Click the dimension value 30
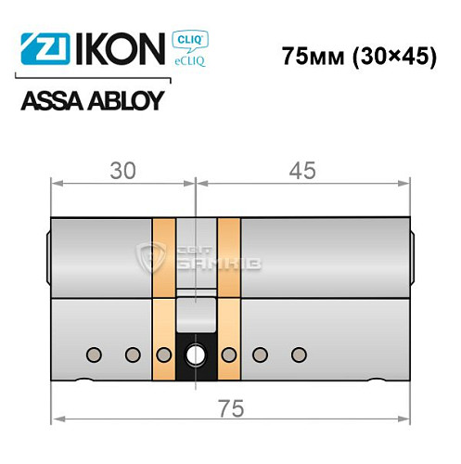point(122,171)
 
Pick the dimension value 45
point(302,171)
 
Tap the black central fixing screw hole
point(198,354)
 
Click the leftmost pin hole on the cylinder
point(92,354)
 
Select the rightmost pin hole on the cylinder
point(298,354)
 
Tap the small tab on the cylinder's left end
point(47,256)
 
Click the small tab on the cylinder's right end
point(412,256)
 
